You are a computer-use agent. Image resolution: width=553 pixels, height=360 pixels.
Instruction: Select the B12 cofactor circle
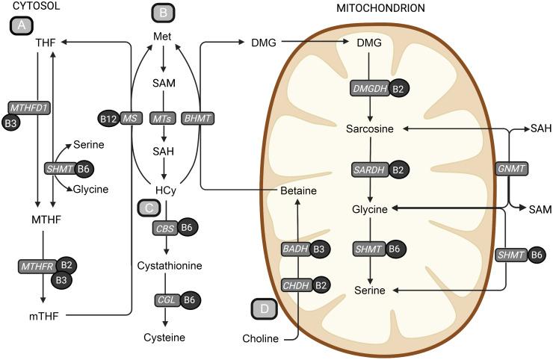point(108,118)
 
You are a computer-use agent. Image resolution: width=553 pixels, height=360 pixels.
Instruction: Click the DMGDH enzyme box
point(368,88)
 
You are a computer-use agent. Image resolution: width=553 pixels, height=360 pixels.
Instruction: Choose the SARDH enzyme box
point(368,170)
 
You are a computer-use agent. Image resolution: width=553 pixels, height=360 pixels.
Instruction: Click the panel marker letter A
point(22,25)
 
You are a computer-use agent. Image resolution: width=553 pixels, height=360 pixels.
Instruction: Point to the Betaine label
point(298,191)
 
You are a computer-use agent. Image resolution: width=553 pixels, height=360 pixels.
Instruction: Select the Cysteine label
point(165,337)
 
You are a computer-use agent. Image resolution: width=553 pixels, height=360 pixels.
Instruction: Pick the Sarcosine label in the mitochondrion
point(370,129)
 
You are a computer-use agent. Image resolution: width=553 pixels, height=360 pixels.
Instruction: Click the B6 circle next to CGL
point(189,300)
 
